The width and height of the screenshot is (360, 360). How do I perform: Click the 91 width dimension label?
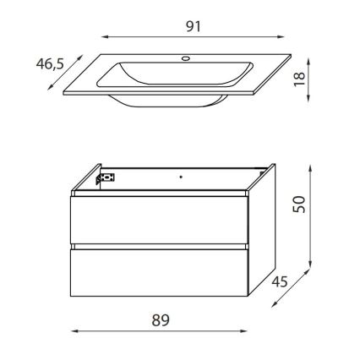[194, 26]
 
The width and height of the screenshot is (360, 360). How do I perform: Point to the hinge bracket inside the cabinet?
[106, 177]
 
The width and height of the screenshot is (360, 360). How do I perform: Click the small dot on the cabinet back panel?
[180, 177]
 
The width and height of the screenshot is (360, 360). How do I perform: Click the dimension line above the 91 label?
[194, 38]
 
